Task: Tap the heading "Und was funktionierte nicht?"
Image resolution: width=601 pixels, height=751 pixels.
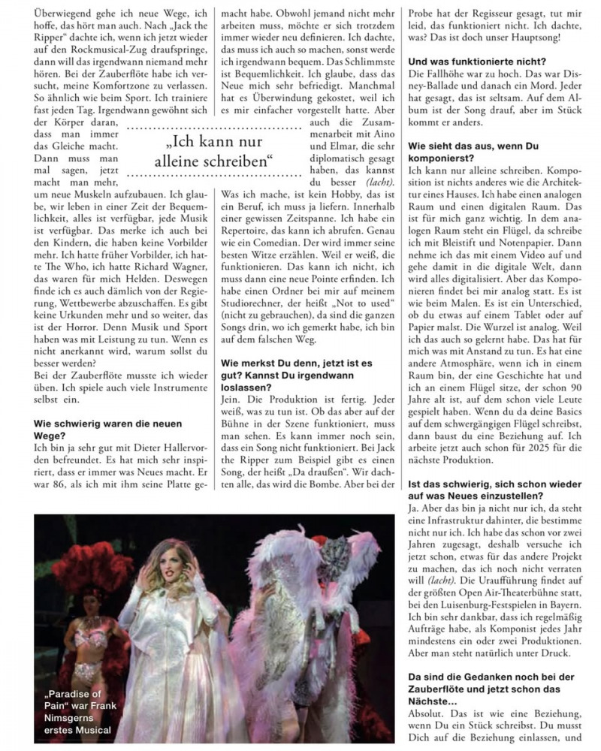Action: coord(476,61)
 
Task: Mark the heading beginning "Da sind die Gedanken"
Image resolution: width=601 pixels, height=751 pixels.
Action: coord(496,684)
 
